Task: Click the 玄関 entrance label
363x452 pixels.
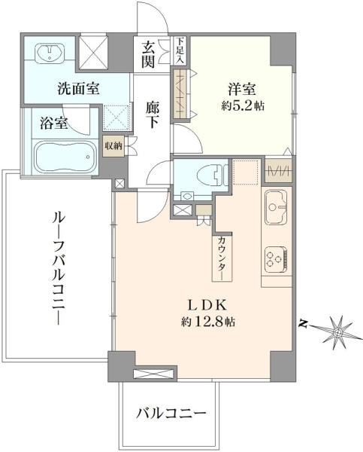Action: point(148,54)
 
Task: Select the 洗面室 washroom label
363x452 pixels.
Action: point(78,88)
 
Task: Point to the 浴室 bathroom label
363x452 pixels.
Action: point(54,124)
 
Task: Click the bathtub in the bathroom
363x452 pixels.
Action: point(67,157)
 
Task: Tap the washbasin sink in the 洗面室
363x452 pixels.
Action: point(50,53)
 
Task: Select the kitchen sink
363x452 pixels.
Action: point(276,206)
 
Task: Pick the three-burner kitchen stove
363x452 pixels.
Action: point(276,259)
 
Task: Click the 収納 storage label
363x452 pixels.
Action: point(113,146)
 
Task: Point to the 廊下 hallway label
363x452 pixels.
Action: point(153,115)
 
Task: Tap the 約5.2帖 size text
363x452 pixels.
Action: point(243,105)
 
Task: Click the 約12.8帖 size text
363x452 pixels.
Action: point(207,321)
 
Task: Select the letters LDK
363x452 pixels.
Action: point(207,305)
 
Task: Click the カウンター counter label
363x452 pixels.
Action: point(222,258)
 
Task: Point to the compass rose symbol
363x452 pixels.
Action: point(338,332)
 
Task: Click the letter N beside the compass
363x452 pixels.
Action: point(301,323)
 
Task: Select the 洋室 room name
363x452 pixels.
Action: point(242,89)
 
